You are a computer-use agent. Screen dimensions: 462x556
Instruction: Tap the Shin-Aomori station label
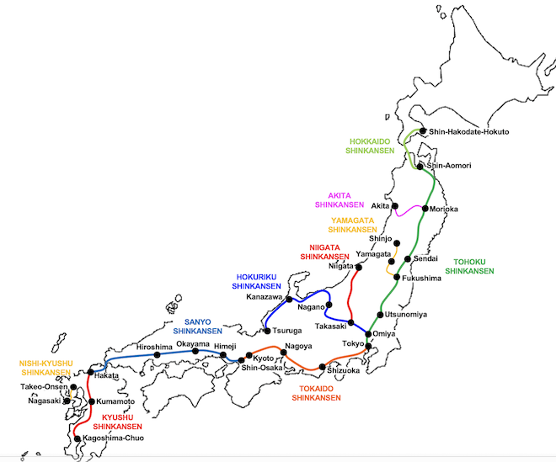click(x=449, y=166)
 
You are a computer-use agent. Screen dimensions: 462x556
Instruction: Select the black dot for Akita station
click(x=395, y=205)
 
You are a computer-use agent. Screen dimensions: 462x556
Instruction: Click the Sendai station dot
click(x=408, y=259)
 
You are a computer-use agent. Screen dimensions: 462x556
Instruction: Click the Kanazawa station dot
click(x=289, y=299)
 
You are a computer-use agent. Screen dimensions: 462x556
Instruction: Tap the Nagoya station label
click(x=299, y=347)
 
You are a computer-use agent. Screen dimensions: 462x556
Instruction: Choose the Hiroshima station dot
click(x=157, y=355)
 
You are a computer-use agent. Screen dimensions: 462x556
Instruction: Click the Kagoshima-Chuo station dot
click(x=77, y=438)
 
